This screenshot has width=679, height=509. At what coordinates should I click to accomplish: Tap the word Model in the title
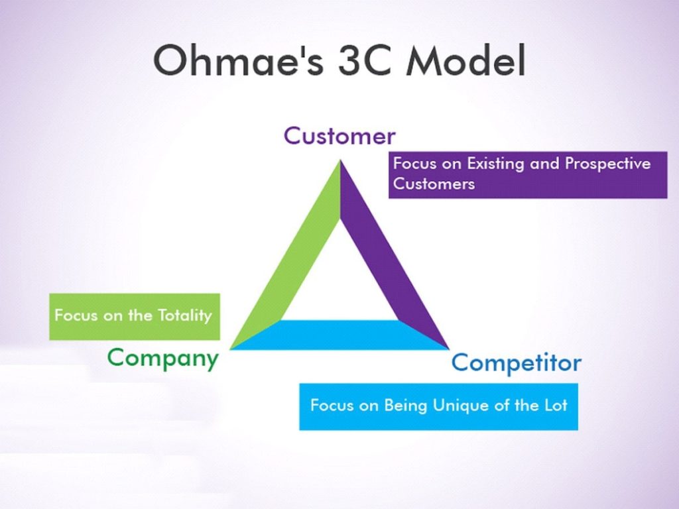466,60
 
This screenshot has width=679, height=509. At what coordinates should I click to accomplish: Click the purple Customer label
339,136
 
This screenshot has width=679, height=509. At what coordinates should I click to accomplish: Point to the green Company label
163,359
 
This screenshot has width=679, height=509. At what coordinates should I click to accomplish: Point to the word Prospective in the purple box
607,164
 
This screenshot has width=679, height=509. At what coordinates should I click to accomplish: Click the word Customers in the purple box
434,184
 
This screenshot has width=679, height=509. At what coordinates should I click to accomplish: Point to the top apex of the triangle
340,160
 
